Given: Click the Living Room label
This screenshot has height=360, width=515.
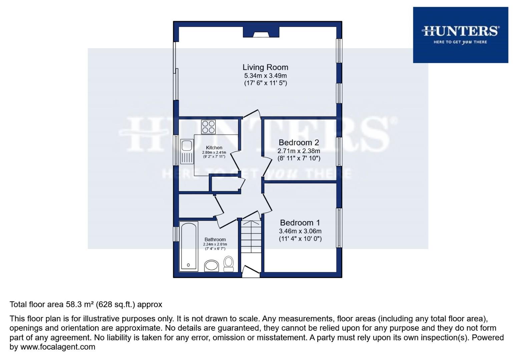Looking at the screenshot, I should [265, 67].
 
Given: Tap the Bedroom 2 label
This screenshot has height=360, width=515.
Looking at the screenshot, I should [299, 143].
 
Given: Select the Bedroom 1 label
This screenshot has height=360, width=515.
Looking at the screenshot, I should [300, 223].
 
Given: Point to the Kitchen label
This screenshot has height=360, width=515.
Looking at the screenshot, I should [214, 148].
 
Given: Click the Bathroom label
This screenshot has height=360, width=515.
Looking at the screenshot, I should [215, 239].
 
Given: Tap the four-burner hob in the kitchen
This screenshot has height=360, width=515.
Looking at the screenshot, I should [208, 127].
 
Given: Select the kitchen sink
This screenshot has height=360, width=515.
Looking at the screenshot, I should [186, 152].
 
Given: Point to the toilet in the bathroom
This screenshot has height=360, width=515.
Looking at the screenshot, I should [229, 263].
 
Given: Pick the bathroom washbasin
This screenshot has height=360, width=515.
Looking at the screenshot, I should [211, 266].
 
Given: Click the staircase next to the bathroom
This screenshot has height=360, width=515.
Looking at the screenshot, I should [251, 240].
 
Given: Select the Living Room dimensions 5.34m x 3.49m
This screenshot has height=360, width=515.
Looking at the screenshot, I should [265, 76].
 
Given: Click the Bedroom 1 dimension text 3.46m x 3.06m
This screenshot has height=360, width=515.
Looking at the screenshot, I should [300, 231].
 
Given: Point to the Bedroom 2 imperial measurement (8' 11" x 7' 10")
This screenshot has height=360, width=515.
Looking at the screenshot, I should [299, 159].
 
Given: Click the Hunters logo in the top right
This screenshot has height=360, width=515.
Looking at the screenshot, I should [460, 35].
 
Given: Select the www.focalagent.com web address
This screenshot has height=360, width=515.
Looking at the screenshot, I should [58, 347].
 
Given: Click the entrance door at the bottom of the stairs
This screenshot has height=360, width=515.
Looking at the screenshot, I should [251, 272].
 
